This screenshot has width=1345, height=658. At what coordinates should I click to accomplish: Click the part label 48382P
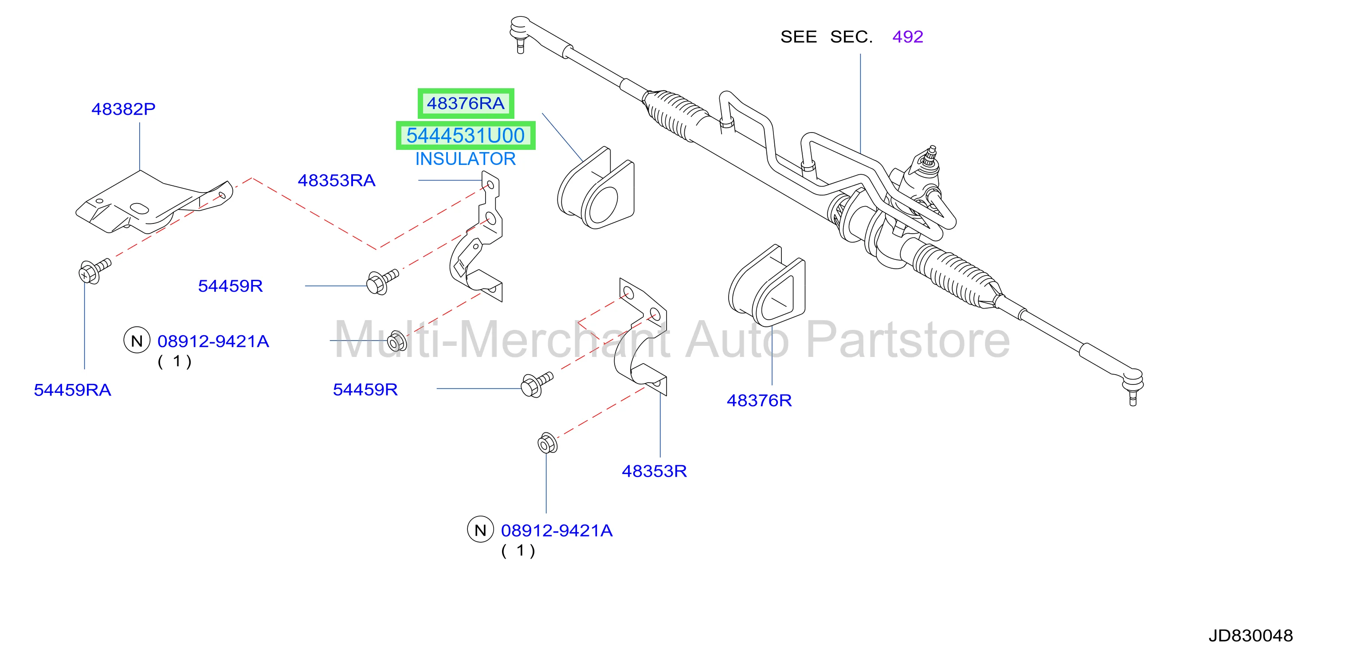coord(123,109)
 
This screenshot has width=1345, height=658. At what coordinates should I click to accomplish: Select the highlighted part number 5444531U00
coord(465,135)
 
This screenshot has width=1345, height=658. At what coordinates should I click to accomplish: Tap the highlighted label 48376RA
coord(465,103)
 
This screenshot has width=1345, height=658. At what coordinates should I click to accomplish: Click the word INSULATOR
coord(465,159)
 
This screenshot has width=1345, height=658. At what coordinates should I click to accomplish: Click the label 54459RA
coord(72,390)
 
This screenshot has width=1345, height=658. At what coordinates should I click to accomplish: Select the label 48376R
coord(759,400)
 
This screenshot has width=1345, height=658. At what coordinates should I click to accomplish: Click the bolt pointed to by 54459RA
coord(94,270)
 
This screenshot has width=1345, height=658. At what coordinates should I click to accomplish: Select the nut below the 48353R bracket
coord(547,443)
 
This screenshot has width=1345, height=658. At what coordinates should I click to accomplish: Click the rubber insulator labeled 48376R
coord(766,285)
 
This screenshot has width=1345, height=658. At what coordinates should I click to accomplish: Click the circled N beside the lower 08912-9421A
coord(480,529)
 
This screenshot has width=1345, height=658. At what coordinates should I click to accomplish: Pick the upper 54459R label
coord(230,286)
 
